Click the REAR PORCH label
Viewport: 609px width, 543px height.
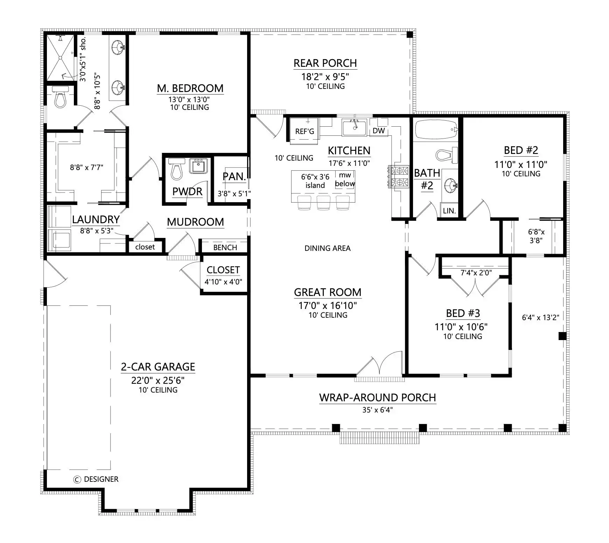tap(325, 63)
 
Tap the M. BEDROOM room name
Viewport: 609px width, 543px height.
tap(190, 88)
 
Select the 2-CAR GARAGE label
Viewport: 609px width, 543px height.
tap(158, 367)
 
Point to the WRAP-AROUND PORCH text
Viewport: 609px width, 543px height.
tap(377, 397)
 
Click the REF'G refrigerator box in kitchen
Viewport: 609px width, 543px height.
tap(304, 131)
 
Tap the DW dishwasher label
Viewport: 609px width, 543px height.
tap(379, 131)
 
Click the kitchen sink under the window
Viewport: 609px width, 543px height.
tap(354, 127)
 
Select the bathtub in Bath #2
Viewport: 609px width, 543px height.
tap(436, 130)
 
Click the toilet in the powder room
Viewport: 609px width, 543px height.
tap(176, 169)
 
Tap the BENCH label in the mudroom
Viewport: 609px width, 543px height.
tap(225, 247)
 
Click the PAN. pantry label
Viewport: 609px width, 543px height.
tap(234, 177)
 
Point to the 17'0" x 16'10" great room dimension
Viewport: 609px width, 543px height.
tap(328, 305)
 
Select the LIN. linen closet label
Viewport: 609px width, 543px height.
tap(449, 211)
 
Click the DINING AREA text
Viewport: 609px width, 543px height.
tap(328, 248)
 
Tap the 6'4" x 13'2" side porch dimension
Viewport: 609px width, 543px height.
tap(540, 317)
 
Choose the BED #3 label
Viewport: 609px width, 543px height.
tap(463, 313)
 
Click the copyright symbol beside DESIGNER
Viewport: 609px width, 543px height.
tap(77, 479)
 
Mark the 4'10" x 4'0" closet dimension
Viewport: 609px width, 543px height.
tap(223, 282)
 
